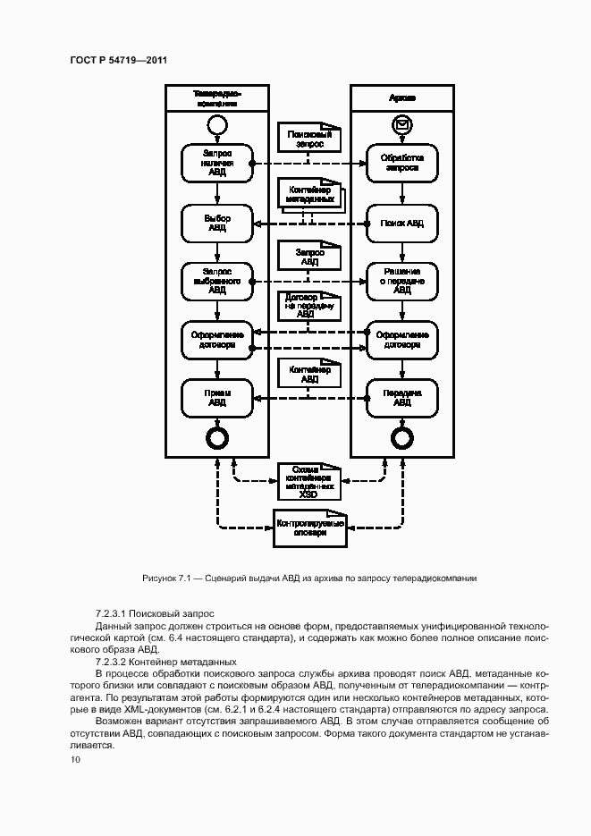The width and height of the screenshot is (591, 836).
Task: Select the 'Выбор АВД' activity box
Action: pos(217,223)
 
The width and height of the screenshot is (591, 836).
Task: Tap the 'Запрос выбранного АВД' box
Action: pos(217,280)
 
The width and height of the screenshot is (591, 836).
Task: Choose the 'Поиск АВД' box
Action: pos(403,223)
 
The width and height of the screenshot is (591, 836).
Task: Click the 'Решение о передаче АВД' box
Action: pos(403,280)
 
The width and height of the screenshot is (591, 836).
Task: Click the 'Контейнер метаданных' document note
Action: pos(309,196)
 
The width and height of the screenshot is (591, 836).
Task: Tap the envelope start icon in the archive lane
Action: pos(403,123)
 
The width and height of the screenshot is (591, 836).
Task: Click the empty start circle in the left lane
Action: pos(217,123)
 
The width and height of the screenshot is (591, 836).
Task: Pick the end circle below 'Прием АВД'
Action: pos(217,437)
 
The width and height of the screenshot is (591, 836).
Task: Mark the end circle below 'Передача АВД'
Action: pos(403,437)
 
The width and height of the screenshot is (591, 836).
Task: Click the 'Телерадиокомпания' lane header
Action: pos(217,97)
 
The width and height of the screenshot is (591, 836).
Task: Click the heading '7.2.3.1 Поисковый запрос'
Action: pos(154,613)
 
